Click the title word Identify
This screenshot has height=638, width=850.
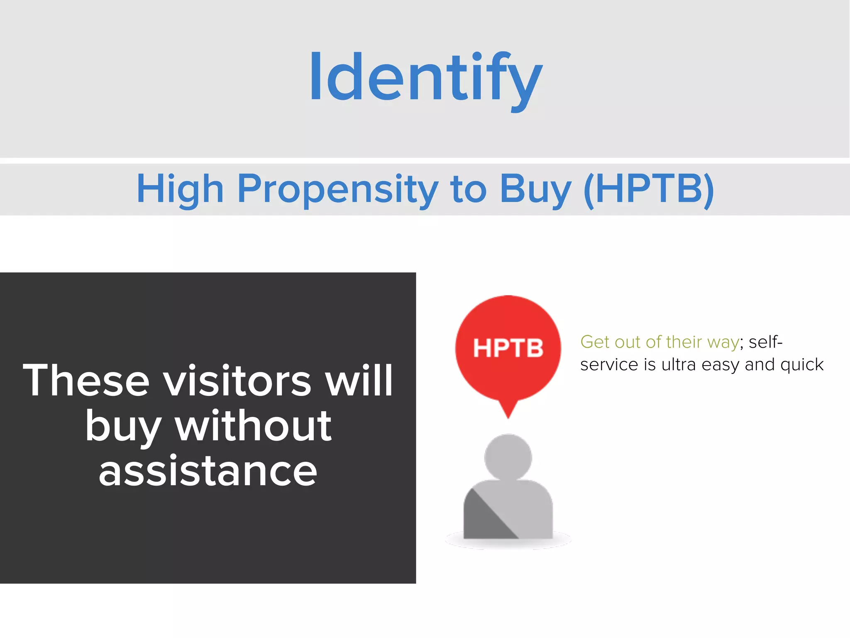tap(426, 77)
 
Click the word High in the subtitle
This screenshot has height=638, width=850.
tap(180, 189)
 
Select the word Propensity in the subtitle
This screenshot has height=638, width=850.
tap(337, 189)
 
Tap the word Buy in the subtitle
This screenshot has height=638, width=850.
tap(536, 189)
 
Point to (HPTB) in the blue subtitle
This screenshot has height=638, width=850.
tap(649, 189)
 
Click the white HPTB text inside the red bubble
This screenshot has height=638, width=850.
tap(508, 348)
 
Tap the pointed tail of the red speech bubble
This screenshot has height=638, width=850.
tap(508, 411)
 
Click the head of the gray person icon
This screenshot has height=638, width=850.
tap(508, 457)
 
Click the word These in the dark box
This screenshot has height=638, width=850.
tap(86, 380)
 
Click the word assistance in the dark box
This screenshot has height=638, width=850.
tap(208, 471)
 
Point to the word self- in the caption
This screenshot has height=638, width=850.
tap(766, 342)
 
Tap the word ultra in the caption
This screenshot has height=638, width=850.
tap(678, 365)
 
